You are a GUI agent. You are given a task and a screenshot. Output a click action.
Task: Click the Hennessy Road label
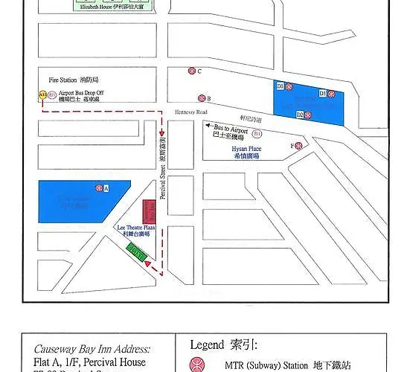pyautogui.click(x=189, y=112)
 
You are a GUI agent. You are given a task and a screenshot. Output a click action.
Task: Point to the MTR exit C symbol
pyautogui.click(x=191, y=71)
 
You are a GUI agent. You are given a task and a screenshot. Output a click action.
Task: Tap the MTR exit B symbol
pyautogui.click(x=201, y=98)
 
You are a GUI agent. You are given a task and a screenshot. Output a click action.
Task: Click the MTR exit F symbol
pyautogui.click(x=299, y=146)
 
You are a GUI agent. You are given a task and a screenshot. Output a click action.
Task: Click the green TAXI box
pyautogui.click(x=135, y=251)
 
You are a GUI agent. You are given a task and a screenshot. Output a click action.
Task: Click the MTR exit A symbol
pyautogui.click(x=97, y=189)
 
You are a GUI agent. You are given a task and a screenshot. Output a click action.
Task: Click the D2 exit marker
pyautogui.click(x=300, y=115)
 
